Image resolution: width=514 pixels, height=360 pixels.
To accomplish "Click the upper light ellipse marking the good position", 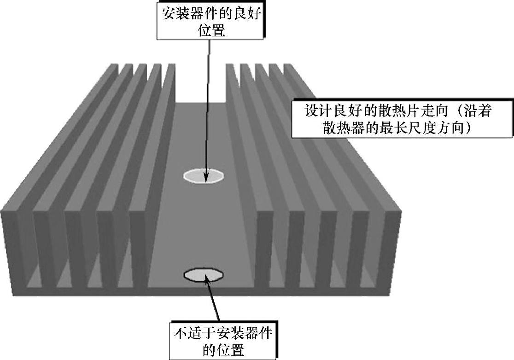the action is [x=204, y=176].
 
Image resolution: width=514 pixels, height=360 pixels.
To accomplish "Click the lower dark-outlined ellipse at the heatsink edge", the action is [x=204, y=275].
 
